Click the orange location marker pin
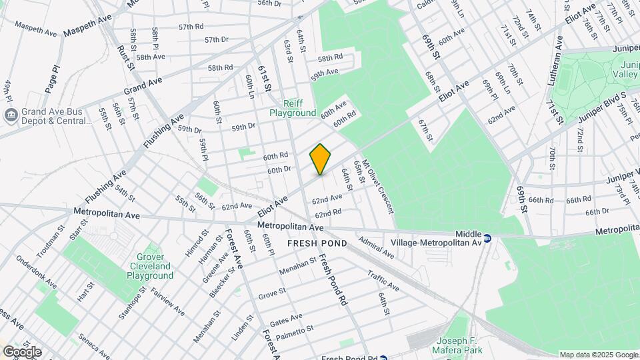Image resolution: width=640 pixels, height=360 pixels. pyautogui.click(x=321, y=159)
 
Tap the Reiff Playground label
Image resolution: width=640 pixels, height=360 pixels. pyautogui.click(x=293, y=108)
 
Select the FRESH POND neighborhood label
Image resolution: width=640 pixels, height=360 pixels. pyautogui.click(x=317, y=243)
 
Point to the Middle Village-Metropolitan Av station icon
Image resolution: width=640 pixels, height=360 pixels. pyautogui.click(x=488, y=238)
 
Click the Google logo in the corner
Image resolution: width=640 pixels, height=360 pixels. pyautogui.click(x=21, y=352)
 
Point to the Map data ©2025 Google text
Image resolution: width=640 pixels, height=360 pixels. pyautogui.click(x=598, y=355)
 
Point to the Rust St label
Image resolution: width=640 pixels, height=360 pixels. pyautogui.click(x=126, y=57)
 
